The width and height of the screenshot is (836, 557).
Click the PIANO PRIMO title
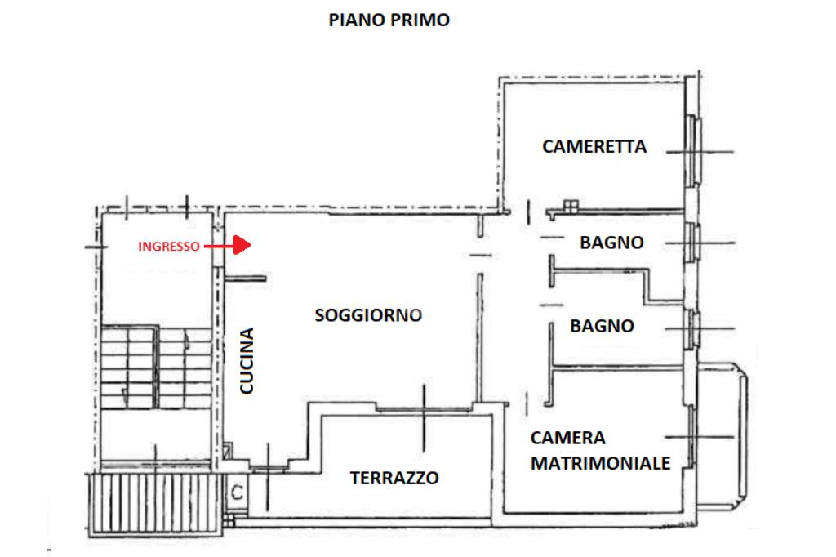[389, 20]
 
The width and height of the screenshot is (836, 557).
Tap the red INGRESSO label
[167, 246]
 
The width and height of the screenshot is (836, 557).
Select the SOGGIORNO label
[368, 314]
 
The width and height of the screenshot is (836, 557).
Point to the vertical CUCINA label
[247, 361]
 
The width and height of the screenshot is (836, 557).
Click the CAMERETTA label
[594, 147]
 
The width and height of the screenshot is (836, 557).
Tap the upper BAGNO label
[611, 243]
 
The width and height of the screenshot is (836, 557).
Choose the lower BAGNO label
[602, 326]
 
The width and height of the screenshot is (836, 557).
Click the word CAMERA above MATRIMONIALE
[567, 437]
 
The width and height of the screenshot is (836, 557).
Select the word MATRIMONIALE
[601, 463]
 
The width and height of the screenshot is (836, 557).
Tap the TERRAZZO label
[394, 479]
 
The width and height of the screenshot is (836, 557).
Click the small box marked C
[237, 492]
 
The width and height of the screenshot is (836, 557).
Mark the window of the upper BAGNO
[695, 243]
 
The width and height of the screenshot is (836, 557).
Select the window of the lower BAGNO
[695, 328]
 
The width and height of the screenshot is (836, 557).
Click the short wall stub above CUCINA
[246, 278]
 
